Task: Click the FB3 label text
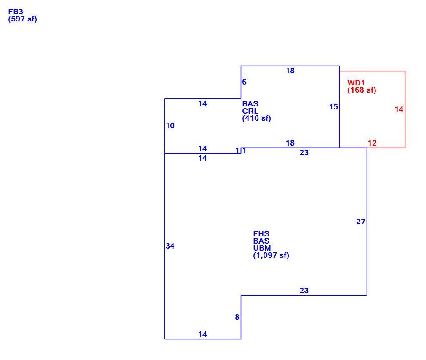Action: point(16,12)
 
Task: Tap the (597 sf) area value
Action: point(23,19)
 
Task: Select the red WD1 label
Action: point(356,83)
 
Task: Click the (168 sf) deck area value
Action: point(362,90)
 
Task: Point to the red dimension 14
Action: point(399,109)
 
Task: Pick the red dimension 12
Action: point(372,143)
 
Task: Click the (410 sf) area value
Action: point(256,118)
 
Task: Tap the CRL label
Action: point(250,111)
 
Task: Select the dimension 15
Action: point(334,107)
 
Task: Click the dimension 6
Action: point(244,82)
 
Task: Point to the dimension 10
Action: point(170,126)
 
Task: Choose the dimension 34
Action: point(170,246)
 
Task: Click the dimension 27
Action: point(361,222)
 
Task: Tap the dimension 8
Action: point(237,317)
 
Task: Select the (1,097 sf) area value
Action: point(271,255)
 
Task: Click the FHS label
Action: point(261,234)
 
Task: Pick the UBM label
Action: point(262,248)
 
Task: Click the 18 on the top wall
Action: point(290,71)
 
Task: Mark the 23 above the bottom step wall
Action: point(304,291)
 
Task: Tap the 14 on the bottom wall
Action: point(202,334)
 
